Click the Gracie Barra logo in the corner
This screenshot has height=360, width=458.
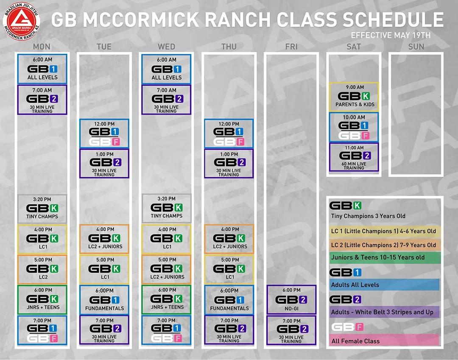[21, 21]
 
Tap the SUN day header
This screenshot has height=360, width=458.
[416, 47]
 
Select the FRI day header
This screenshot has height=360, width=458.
[291, 47]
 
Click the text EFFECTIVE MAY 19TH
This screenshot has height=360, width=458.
[391, 35]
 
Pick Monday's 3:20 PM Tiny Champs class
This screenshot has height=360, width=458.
[42, 209]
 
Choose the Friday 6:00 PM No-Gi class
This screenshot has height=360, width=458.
[291, 300]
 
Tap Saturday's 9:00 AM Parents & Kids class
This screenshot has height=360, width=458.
[354, 97]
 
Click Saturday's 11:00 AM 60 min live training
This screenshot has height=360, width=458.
[354, 157]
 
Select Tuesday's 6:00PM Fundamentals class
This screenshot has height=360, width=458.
[104, 300]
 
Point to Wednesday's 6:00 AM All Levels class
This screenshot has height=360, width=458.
[166, 69]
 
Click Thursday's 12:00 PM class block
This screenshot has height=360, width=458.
[229, 134]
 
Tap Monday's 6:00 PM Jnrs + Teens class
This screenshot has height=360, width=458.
[42, 300]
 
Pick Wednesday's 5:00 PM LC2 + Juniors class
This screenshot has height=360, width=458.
[166, 270]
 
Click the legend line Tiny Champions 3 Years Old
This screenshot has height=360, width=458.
[368, 216]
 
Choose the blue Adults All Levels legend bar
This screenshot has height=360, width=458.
[384, 285]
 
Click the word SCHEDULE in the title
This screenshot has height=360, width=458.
[393, 20]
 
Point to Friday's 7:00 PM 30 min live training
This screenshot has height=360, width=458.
[291, 330]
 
